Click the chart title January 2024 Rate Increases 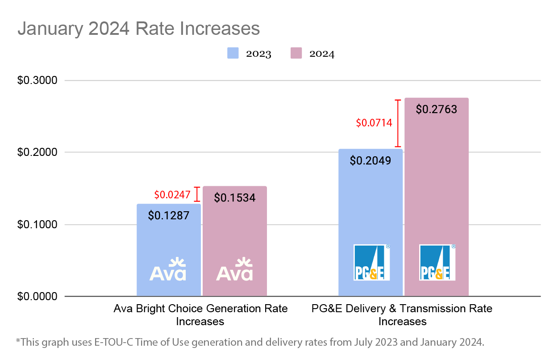[138, 29]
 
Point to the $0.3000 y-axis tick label [37, 80]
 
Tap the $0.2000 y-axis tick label [37, 152]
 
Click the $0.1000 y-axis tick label [37, 224]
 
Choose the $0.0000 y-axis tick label [37, 296]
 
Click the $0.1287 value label [169, 215]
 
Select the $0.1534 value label [235, 197]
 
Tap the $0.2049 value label [371, 160]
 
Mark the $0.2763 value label [436, 109]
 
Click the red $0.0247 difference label [172, 195]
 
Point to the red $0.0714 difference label [374, 123]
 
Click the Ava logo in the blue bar [168, 269]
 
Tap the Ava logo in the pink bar [234, 269]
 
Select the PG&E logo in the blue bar [371, 262]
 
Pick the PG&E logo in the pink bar [437, 262]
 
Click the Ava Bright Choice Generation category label [200, 314]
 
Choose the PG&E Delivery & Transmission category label [402, 314]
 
